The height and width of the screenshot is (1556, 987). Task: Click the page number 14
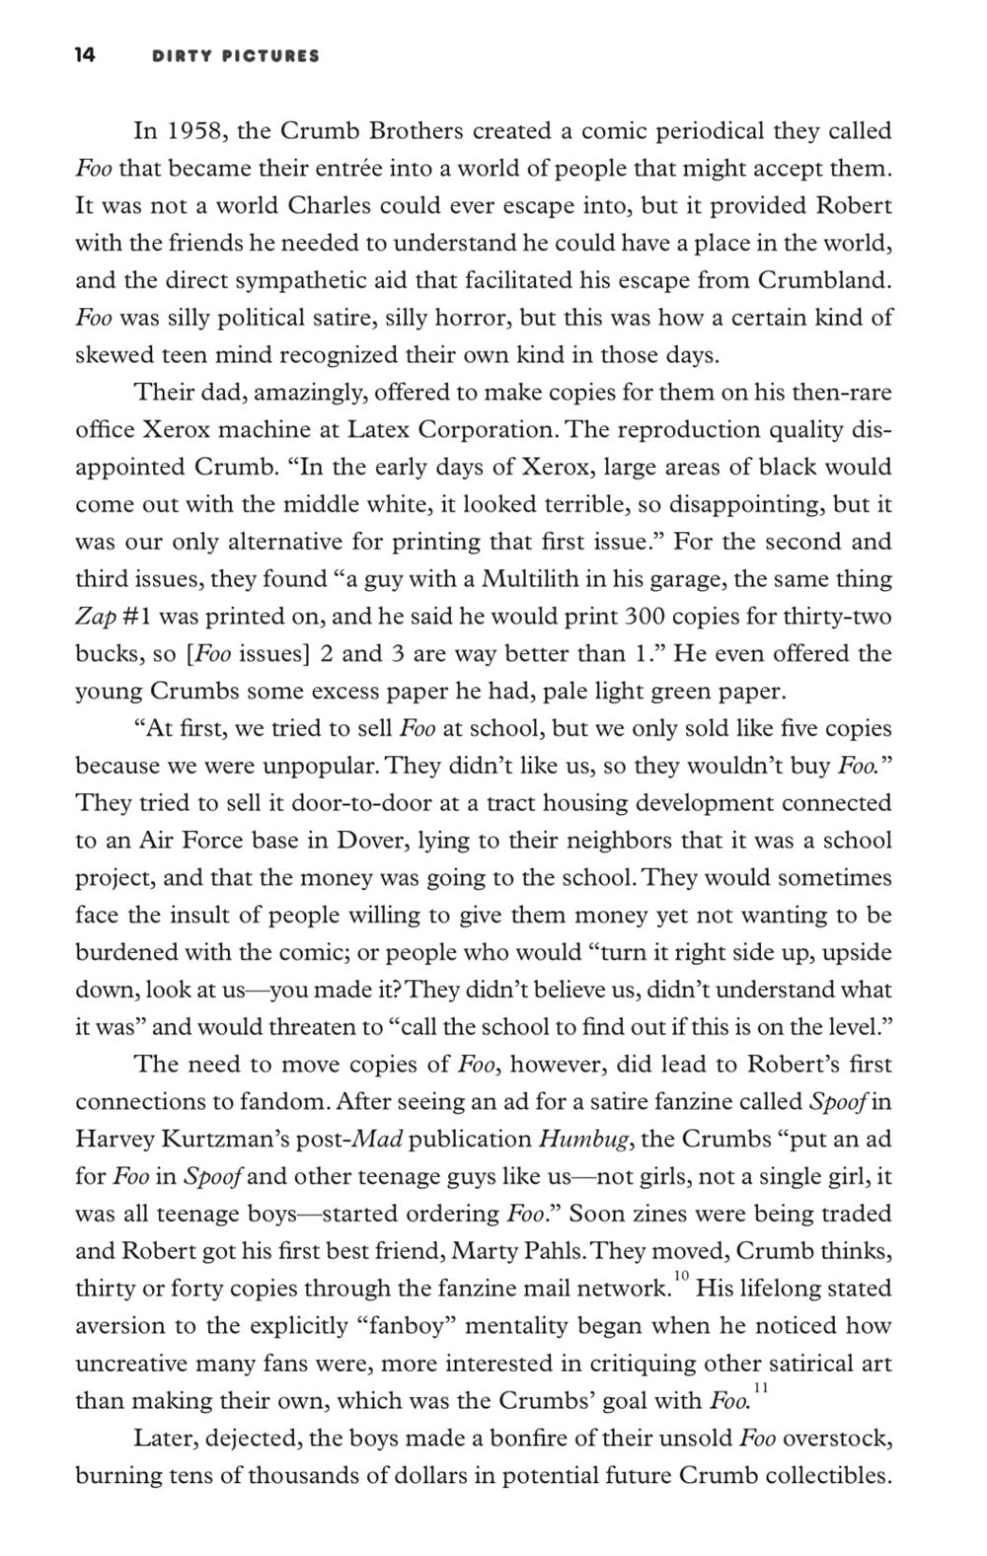coord(84,56)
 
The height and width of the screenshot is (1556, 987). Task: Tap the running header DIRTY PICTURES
coord(236,57)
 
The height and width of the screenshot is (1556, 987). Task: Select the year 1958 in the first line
coord(187,131)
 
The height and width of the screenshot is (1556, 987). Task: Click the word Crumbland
coord(825,280)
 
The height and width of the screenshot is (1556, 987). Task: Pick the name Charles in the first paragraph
coord(327,206)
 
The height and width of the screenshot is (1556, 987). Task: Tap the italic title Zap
coord(95,617)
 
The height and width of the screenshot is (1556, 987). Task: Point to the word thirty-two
coord(837,617)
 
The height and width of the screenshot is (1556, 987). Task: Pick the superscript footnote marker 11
coord(759,1389)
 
